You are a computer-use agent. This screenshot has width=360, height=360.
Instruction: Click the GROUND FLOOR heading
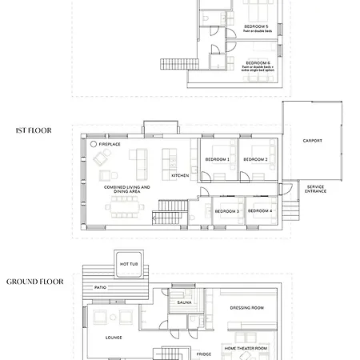point(35,282)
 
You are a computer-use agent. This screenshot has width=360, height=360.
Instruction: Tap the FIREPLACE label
point(110,145)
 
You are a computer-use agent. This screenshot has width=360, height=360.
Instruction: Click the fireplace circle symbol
point(94,145)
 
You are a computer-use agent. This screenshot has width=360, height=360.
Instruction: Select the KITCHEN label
point(180,175)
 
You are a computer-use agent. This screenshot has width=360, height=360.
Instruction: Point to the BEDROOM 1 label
point(218,159)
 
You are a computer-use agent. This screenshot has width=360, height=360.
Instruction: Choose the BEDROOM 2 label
point(255,159)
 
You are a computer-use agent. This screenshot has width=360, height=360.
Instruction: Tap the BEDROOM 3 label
point(227,210)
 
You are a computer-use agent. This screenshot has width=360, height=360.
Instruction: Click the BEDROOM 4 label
point(260,210)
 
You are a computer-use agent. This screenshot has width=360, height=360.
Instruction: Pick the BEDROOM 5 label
point(257,26)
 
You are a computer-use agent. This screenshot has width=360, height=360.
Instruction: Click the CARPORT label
point(312,141)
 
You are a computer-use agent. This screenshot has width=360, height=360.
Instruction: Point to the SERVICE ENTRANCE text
point(315,189)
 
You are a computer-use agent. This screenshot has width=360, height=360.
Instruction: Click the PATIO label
point(101,286)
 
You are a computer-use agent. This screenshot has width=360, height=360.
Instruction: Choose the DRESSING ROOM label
point(246,307)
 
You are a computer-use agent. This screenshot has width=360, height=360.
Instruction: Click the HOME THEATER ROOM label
point(246,349)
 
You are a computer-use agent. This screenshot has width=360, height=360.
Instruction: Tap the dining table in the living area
point(124,208)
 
